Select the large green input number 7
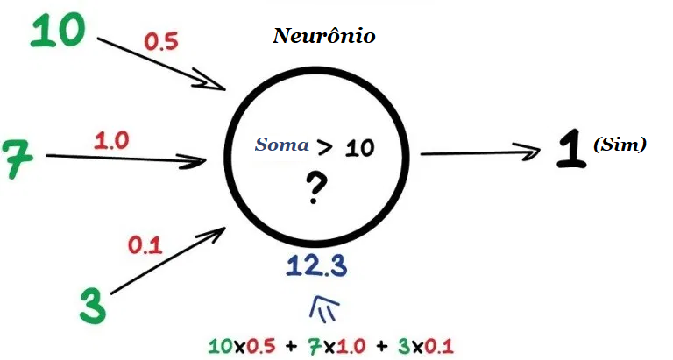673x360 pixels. [15, 158]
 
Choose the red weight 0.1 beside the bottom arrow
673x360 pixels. [145, 246]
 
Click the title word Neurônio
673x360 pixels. [324, 37]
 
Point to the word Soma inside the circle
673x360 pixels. [281, 145]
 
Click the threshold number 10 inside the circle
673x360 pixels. [358, 147]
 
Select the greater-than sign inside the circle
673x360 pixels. [325, 146]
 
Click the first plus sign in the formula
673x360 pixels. [290, 344]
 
